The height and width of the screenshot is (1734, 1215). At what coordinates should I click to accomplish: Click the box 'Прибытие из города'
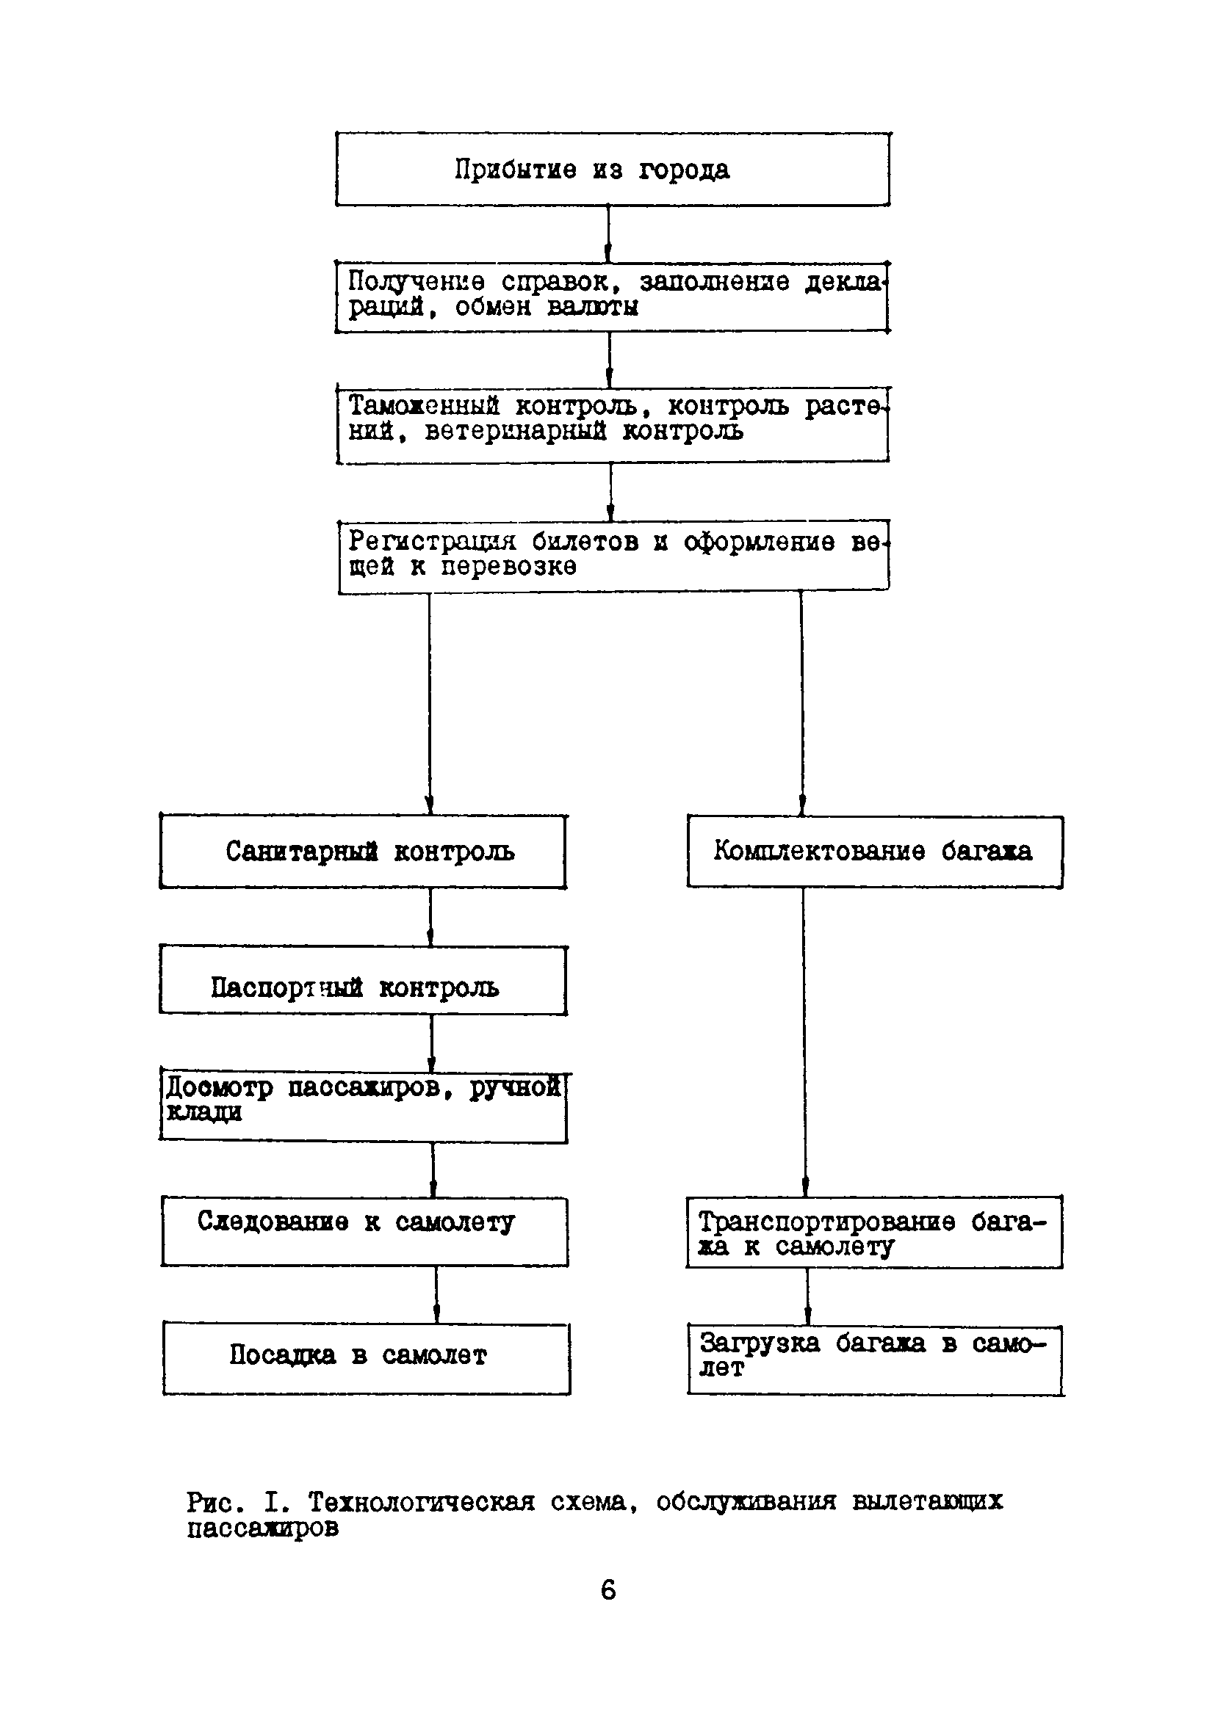point(612,169)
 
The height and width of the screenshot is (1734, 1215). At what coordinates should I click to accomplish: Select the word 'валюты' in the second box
point(592,308)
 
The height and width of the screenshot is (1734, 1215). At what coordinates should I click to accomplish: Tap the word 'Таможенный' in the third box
point(423,406)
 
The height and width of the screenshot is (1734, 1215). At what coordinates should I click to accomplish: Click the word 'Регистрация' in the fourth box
point(431,541)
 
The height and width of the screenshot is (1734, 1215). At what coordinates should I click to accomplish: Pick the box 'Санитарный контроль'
point(363,851)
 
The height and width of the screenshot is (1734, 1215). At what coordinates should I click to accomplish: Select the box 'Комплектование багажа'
point(874,851)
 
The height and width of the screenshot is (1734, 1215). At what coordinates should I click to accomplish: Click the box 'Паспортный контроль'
point(363,979)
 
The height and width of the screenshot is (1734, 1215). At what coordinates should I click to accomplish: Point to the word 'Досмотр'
point(219,1087)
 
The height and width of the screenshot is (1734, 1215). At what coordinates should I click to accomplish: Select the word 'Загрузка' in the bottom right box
point(759,1343)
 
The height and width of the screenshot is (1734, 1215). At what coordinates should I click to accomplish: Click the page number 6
point(607,1591)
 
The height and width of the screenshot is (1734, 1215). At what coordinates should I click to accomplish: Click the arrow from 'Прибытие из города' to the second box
point(608,233)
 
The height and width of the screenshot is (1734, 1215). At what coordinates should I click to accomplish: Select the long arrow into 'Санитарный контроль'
point(429,703)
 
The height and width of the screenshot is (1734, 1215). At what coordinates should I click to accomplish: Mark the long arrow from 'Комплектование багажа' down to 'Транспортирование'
point(804,1042)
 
